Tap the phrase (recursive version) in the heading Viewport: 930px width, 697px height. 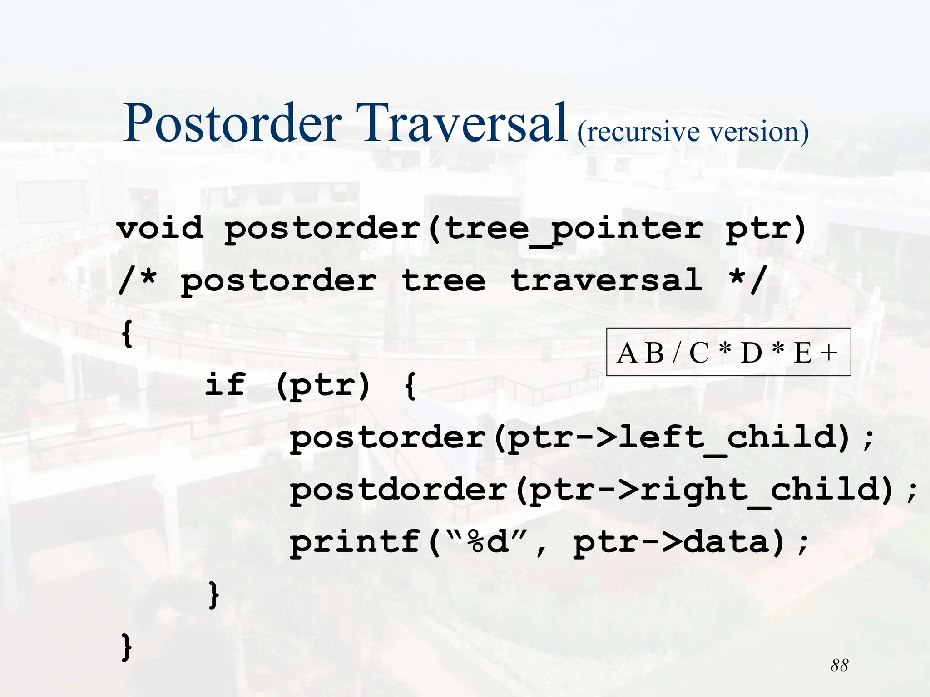point(693,133)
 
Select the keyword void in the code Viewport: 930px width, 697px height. point(160,228)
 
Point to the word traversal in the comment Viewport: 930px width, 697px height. point(607,280)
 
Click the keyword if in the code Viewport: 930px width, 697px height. point(225,384)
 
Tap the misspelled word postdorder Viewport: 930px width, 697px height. point(399,490)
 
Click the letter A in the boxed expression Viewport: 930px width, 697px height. point(627,353)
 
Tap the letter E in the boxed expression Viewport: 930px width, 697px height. point(803,353)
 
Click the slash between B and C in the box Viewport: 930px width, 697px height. point(677,353)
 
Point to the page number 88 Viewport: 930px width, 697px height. point(839,665)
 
